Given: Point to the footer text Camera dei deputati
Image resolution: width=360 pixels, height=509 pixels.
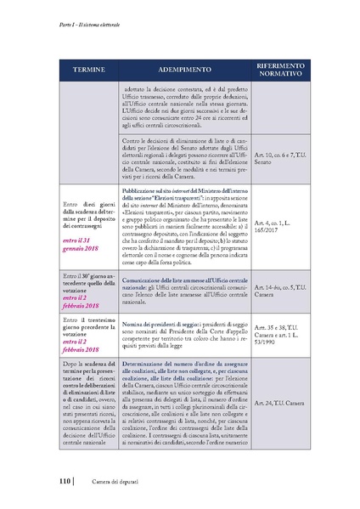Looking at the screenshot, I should tap(106, 484).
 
